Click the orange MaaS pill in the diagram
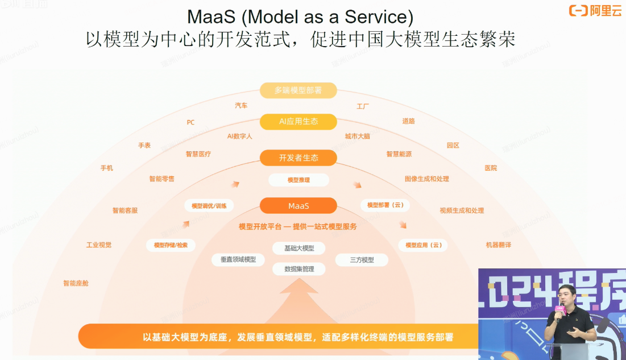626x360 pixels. coord(299,206)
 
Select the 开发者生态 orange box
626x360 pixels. coord(299,158)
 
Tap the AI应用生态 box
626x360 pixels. coord(299,122)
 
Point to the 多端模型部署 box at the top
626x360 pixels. coord(299,90)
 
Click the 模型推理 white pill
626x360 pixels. coord(299,180)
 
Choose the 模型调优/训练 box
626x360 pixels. coord(209,206)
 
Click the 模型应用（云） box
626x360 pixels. coord(422,245)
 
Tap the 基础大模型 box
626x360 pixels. coord(299,249)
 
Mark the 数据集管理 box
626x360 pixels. coord(299,269)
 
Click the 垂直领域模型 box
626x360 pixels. coord(238,260)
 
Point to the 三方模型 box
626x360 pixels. coord(362,260)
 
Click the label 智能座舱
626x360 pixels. coord(76,283)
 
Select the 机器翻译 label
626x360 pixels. coord(498,245)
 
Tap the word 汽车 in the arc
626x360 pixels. coord(241,106)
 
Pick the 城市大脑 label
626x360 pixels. coord(357,136)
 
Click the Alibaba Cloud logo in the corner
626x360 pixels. coord(595,10)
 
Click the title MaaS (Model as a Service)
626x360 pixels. coord(300,16)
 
